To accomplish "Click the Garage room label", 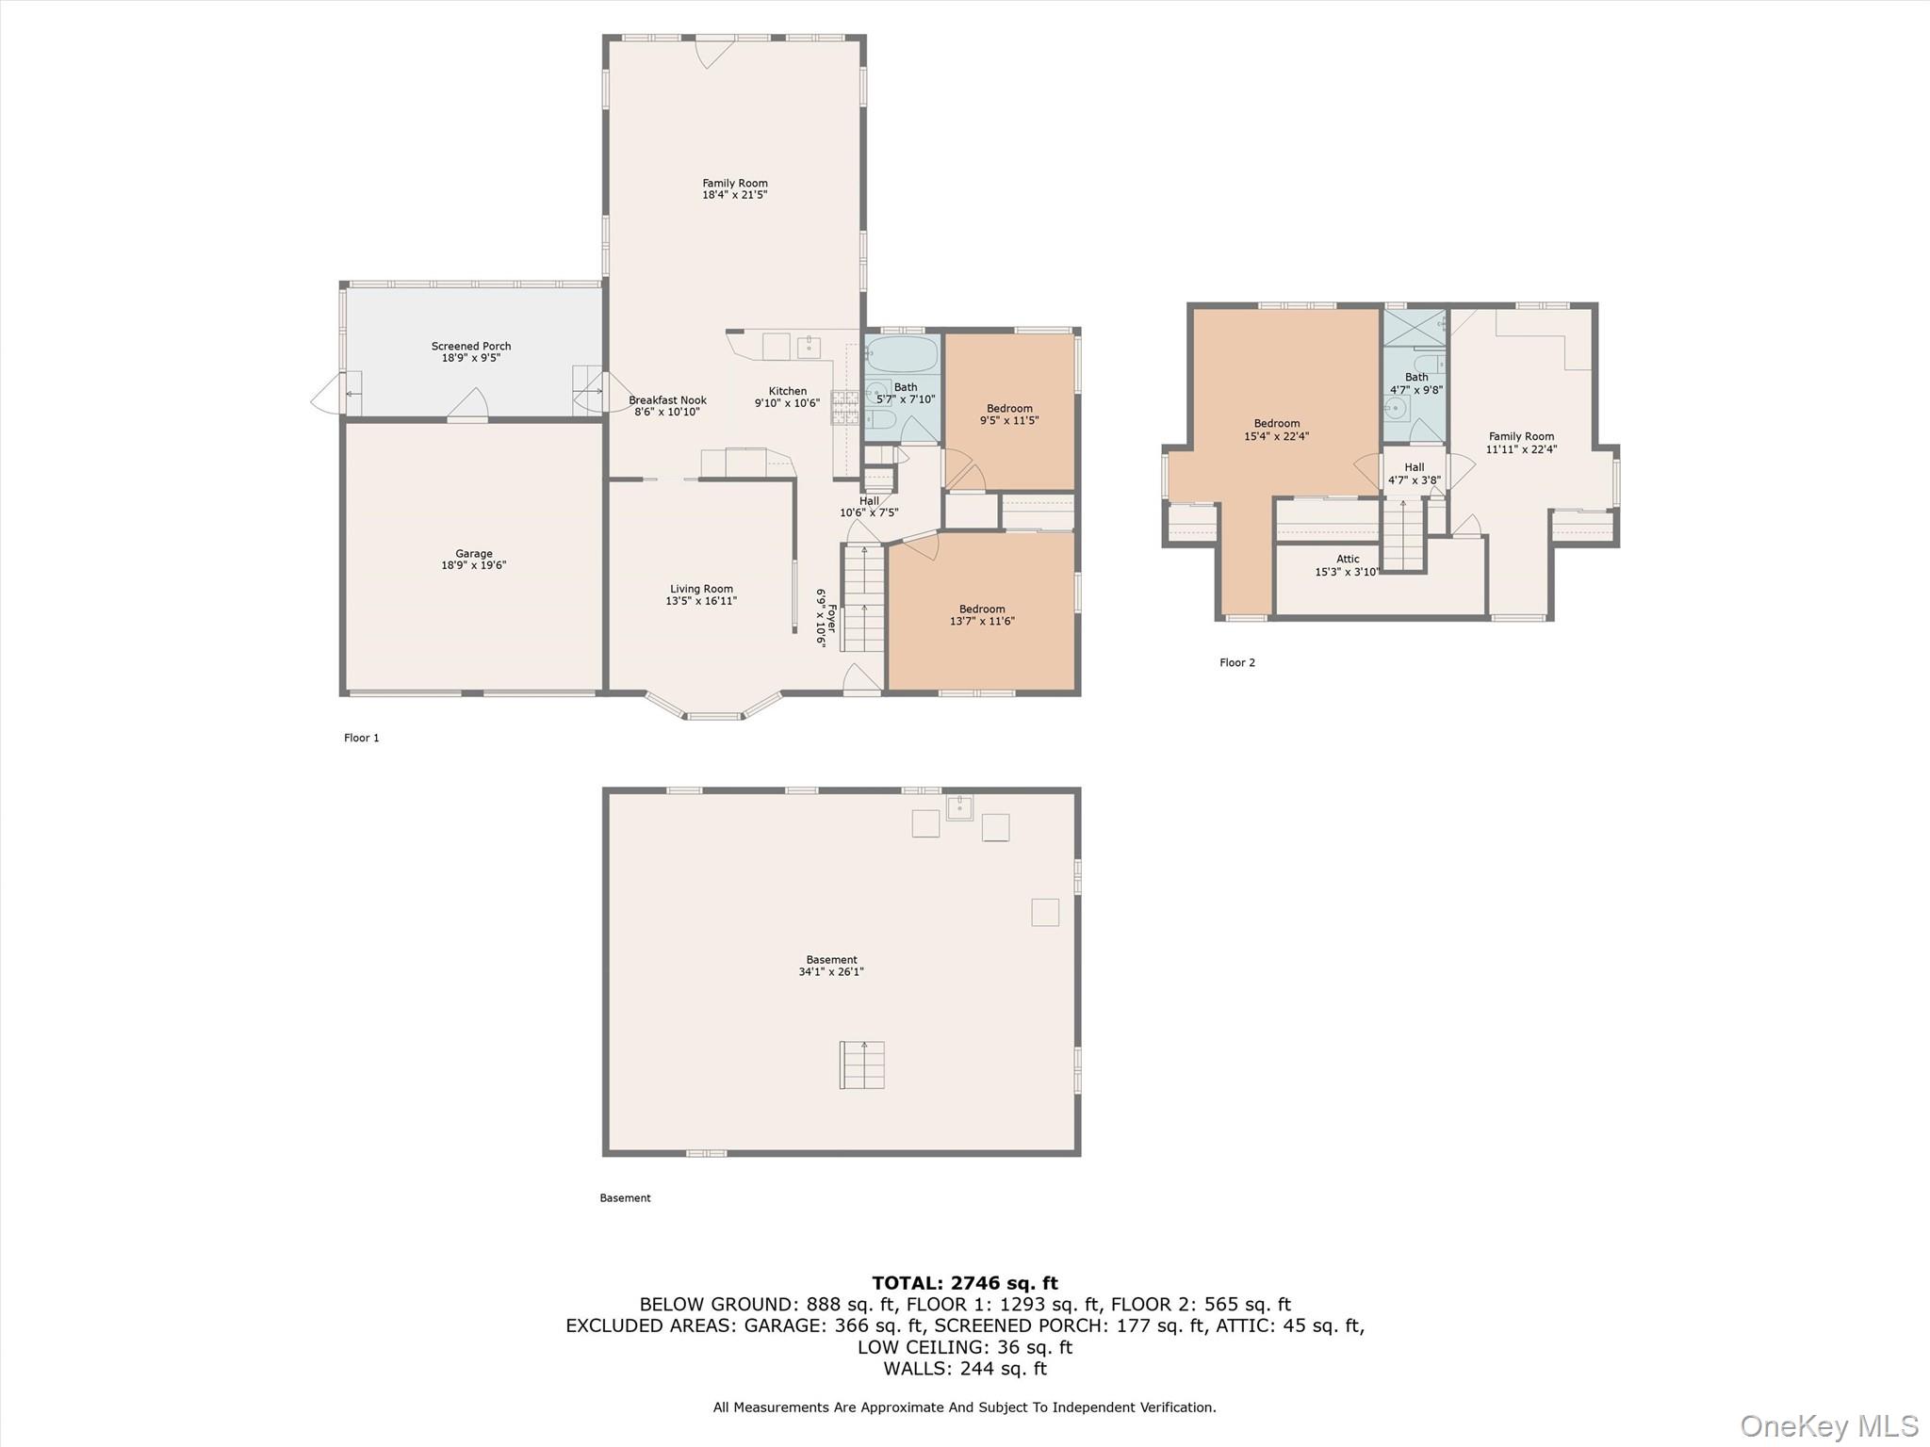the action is (474, 554).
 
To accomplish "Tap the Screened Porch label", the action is (471, 346).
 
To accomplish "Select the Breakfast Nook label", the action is (667, 400).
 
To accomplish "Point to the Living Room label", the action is (701, 589).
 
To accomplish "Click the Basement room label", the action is (831, 960).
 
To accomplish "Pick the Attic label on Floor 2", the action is (1348, 560).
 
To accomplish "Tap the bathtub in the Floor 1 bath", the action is (902, 355).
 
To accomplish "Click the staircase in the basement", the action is (862, 1065).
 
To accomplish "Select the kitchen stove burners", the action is (843, 407).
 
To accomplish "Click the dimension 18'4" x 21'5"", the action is (735, 195).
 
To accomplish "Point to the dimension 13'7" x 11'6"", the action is (982, 621).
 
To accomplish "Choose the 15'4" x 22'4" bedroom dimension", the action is (1277, 436).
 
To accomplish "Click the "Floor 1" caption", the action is (362, 738).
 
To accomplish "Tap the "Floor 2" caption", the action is (1237, 662).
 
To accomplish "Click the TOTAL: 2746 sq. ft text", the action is (965, 1283).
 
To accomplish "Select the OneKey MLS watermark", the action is (1829, 1425).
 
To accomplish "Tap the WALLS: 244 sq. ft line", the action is (965, 1369).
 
